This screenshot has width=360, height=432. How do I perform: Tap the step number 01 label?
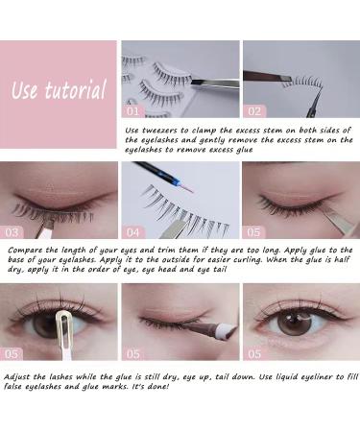(132, 110)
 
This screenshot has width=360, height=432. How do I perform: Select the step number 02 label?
(253, 110)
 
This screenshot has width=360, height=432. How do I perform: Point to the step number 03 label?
(12, 231)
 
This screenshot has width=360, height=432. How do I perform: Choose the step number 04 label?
(132, 231)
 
